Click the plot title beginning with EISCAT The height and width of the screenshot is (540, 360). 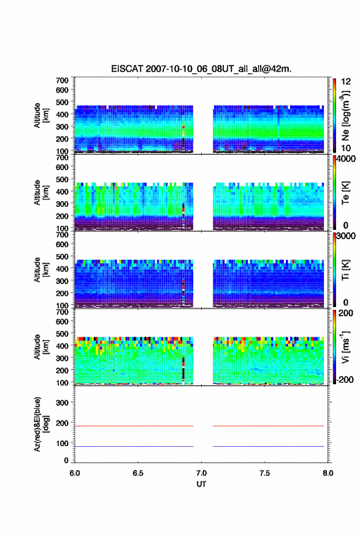(201, 69)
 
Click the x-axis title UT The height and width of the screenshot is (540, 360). (201, 484)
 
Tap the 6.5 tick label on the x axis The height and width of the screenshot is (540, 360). (138, 473)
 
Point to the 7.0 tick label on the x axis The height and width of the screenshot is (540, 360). (201, 473)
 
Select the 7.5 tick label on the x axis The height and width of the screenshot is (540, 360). (265, 473)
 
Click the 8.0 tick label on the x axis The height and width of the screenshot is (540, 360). (328, 473)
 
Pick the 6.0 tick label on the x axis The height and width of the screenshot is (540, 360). (75, 473)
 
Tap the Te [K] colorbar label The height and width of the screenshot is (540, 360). (345, 193)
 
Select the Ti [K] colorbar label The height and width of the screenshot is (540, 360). (345, 270)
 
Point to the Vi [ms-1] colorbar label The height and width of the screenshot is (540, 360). (345, 347)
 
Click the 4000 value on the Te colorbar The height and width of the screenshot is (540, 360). (346, 159)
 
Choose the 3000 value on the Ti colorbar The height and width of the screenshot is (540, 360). (346, 236)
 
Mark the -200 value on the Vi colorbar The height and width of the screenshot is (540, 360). (345, 379)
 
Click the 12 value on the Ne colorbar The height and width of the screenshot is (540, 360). (346, 82)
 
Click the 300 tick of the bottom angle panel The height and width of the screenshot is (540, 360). (62, 403)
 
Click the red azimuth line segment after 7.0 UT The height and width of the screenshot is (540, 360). (269, 426)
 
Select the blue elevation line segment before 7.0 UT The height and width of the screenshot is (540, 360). (134, 446)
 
